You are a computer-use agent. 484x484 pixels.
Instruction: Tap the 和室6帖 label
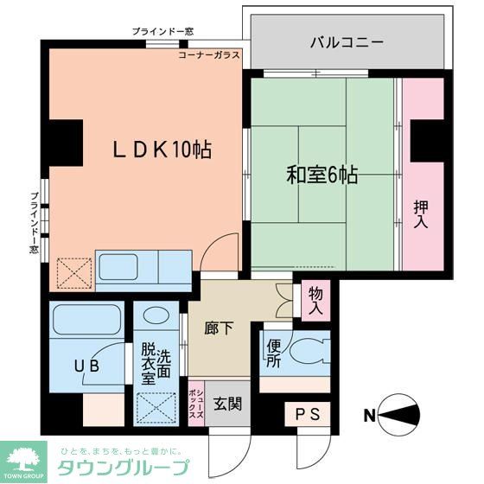322,174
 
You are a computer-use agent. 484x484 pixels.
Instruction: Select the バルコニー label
347,41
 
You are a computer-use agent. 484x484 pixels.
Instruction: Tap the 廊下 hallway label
219,329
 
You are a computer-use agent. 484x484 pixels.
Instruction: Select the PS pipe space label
308,415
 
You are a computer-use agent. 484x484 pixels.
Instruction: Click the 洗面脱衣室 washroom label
156,363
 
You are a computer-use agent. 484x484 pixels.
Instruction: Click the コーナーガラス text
209,54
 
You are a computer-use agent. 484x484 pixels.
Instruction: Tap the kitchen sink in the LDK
124,267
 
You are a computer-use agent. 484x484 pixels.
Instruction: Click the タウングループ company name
123,469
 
